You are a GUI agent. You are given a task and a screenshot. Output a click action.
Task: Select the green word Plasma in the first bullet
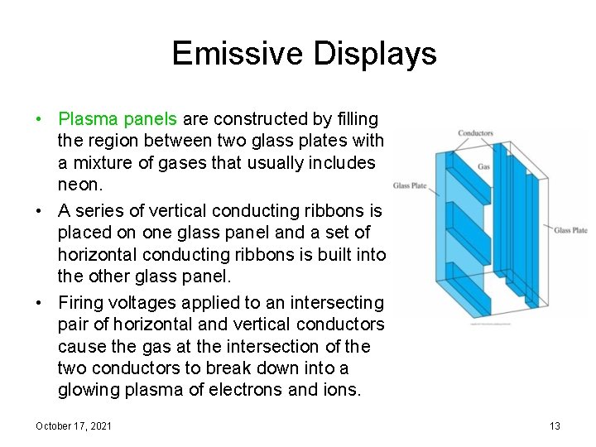coord(89,119)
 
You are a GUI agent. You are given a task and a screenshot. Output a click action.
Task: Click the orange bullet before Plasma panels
coord(39,120)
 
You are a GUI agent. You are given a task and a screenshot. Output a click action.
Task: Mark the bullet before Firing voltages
coord(39,304)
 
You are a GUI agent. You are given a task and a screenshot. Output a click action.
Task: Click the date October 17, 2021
coord(74,425)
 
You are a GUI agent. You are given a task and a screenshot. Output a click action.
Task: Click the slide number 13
coord(555,425)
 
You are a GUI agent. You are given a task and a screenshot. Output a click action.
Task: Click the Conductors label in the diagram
coord(475,133)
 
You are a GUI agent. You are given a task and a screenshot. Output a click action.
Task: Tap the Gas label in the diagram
coord(483,166)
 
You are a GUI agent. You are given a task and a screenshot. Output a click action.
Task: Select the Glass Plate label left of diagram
coord(409,185)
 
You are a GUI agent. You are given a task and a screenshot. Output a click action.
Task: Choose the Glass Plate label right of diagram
coord(570,230)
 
